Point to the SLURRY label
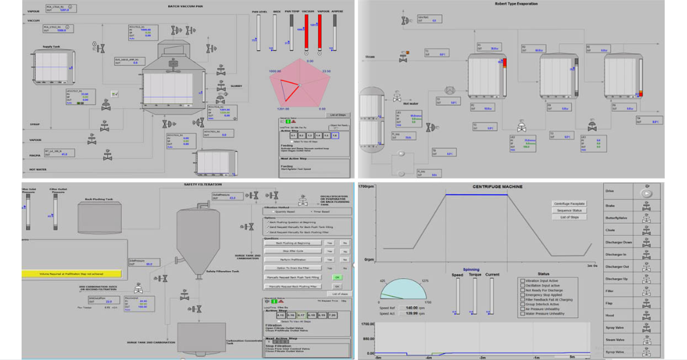236,86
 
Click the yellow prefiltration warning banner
72,273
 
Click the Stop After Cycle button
294,251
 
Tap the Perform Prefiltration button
294,259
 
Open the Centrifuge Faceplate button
569,204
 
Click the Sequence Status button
569,211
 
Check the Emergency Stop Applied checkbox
522,295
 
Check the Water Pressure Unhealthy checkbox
522,314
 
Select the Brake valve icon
646,206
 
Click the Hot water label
410,103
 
